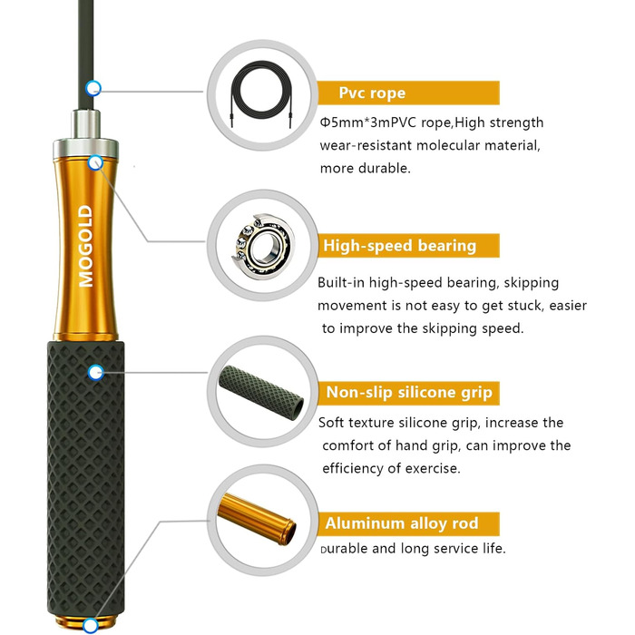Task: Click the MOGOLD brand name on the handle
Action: (86, 246)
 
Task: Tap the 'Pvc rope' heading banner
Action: (408, 93)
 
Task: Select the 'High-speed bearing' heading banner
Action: (408, 246)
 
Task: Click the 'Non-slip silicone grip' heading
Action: (409, 393)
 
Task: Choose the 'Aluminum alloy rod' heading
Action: (402, 523)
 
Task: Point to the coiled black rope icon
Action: (261, 94)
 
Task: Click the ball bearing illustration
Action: (263, 246)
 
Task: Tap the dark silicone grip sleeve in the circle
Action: (261, 390)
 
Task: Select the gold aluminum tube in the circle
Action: (257, 519)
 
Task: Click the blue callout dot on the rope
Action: (93, 88)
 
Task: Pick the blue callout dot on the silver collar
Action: (95, 162)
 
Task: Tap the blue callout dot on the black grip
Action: (95, 372)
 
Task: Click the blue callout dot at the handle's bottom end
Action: (91, 625)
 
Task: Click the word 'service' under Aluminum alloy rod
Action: (455, 548)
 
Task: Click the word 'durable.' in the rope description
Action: (386, 168)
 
